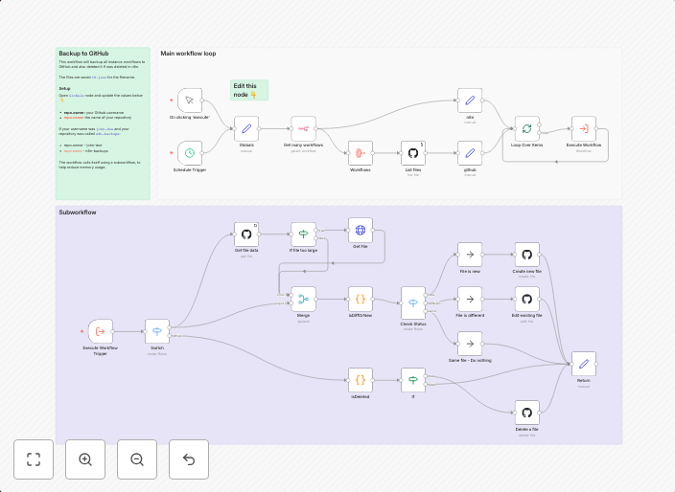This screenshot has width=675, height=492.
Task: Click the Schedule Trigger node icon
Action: pyautogui.click(x=190, y=152)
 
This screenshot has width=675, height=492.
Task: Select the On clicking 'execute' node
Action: pyautogui.click(x=190, y=101)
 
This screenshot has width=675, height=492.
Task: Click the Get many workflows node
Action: pyautogui.click(x=303, y=127)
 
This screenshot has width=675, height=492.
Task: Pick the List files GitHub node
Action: pyautogui.click(x=413, y=153)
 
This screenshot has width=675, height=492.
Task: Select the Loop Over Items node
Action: pyautogui.click(x=525, y=127)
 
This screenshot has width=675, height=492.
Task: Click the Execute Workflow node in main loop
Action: pyautogui.click(x=583, y=127)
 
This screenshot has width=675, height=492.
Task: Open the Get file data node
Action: pyautogui.click(x=246, y=234)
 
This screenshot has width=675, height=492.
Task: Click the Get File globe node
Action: pyautogui.click(x=361, y=230)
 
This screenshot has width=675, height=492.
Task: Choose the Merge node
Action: pyautogui.click(x=303, y=299)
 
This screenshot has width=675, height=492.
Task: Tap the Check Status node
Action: pyautogui.click(x=413, y=302)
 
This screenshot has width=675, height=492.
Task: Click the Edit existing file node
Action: pyautogui.click(x=525, y=299)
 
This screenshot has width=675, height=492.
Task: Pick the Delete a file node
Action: pyautogui.click(x=525, y=413)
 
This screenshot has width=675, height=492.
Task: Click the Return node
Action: pyautogui.click(x=583, y=364)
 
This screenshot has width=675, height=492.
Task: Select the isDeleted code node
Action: pyautogui.click(x=361, y=380)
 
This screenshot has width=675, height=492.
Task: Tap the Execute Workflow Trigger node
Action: pyautogui.click(x=101, y=332)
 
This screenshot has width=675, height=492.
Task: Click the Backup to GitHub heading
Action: pyautogui.click(x=82, y=54)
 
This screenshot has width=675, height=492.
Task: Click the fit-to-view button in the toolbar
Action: pyautogui.click(x=34, y=459)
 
